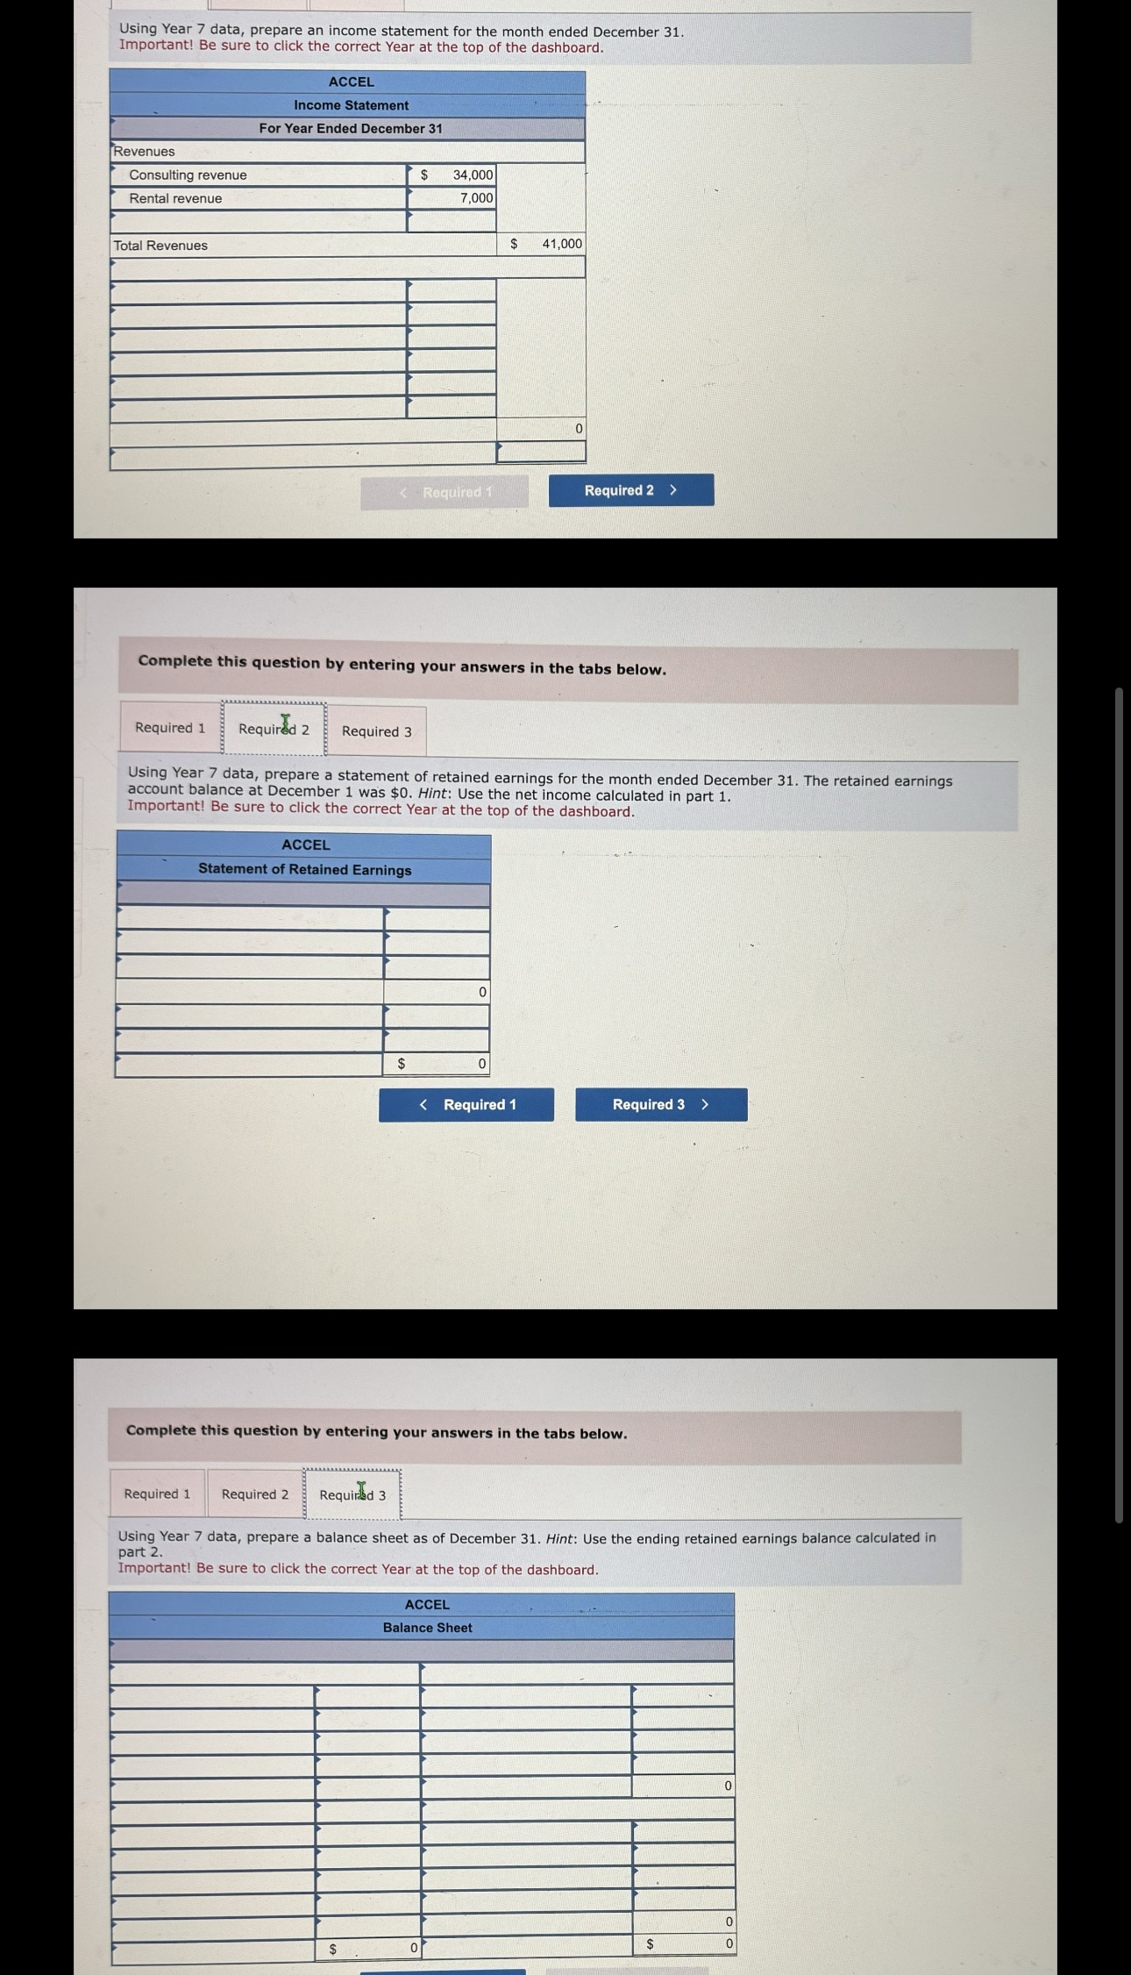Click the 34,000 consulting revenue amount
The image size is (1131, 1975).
coord(473,175)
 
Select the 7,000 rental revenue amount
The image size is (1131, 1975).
coord(476,198)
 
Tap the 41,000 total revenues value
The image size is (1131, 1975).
coord(561,244)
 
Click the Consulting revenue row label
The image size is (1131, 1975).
coord(188,175)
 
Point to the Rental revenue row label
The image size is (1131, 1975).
coord(175,199)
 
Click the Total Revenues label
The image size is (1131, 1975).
coord(160,246)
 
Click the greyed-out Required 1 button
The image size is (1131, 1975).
coord(445,492)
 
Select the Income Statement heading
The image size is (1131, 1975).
coord(351,105)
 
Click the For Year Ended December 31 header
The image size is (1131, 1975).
coord(351,129)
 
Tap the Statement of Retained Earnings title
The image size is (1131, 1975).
coord(304,870)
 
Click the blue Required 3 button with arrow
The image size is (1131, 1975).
coord(661,1105)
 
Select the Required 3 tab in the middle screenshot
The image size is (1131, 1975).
coord(376,731)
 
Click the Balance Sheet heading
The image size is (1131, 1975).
coord(427,1628)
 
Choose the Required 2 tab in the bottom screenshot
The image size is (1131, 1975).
coord(254,1494)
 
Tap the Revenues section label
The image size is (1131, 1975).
coord(144,152)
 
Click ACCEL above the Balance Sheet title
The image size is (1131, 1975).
coord(427,1605)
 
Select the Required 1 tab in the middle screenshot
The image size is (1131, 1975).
coord(170,728)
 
